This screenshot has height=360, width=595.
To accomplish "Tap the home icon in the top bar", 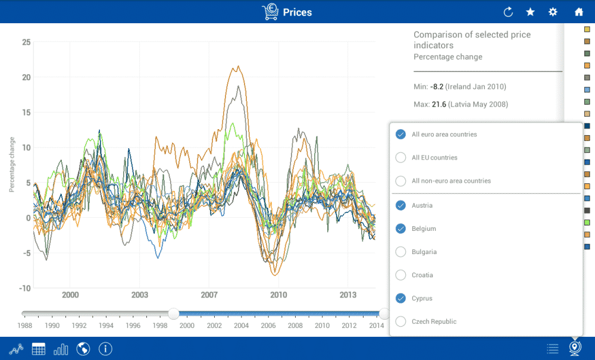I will [578, 12].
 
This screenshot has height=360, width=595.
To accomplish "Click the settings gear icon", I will [553, 12].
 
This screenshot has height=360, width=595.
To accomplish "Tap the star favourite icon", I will [530, 12].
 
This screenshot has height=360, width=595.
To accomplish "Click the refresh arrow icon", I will [508, 12].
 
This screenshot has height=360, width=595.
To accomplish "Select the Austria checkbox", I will [400, 205].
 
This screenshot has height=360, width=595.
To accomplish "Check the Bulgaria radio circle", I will [400, 252].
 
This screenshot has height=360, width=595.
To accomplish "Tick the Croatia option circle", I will [400, 275].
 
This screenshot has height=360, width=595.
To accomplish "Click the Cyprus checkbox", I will [400, 298].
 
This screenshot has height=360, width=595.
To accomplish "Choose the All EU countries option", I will [400, 158].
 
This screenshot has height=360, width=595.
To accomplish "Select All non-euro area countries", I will [400, 181].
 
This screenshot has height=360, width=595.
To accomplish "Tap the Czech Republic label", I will [434, 321].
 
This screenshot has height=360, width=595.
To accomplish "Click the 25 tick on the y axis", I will [26, 42].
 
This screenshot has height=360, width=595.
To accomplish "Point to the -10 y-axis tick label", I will [24, 289].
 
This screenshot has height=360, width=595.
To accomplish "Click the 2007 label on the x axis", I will [209, 295].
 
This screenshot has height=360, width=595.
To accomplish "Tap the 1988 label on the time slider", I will [24, 325].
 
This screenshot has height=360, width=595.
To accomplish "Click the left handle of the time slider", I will [174, 314].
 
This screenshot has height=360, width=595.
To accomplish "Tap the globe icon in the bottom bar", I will [83, 349].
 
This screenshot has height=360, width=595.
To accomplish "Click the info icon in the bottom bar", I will [105, 349].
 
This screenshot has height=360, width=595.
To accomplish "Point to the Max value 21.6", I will [439, 105].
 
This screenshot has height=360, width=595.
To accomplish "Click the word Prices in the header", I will [297, 12].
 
